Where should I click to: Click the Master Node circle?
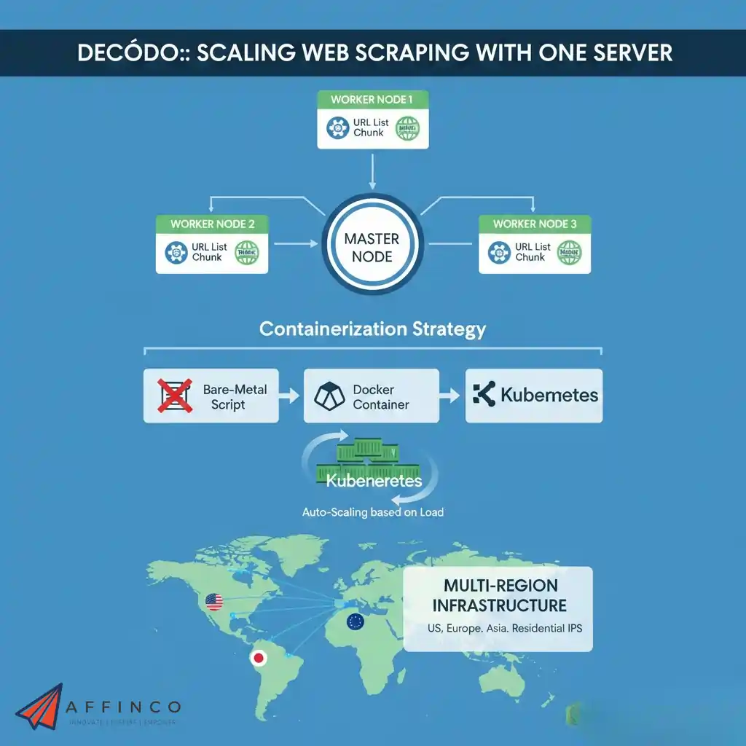pos(372,248)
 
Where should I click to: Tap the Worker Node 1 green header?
pos(373,100)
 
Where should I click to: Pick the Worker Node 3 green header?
pos(534,224)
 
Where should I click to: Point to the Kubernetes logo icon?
pos(483,396)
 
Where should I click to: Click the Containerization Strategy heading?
pos(372,329)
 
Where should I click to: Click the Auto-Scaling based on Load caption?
pos(372,512)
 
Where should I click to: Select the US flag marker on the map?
pos(213,602)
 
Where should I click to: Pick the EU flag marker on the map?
pos(355,621)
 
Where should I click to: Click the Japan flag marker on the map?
pos(258,659)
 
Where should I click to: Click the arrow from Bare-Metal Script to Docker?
pos(291,396)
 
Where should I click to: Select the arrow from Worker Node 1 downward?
pos(372,171)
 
